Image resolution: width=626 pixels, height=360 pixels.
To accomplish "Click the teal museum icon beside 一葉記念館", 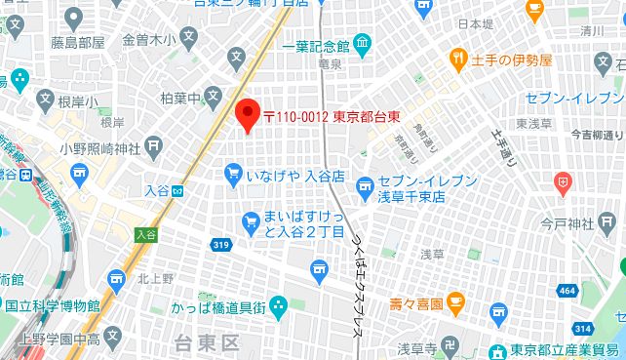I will point(363,43).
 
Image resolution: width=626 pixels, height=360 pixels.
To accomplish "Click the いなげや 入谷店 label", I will point(296,176).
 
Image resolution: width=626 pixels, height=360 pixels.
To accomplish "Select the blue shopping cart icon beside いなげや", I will point(233,175).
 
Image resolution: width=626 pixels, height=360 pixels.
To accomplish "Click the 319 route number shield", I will point(219,245).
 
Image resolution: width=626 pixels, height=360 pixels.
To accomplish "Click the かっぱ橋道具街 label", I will point(214,307).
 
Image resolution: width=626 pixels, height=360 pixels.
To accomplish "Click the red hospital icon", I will point(563,180).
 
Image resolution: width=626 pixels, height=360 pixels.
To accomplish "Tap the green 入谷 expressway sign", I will point(146,234).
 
